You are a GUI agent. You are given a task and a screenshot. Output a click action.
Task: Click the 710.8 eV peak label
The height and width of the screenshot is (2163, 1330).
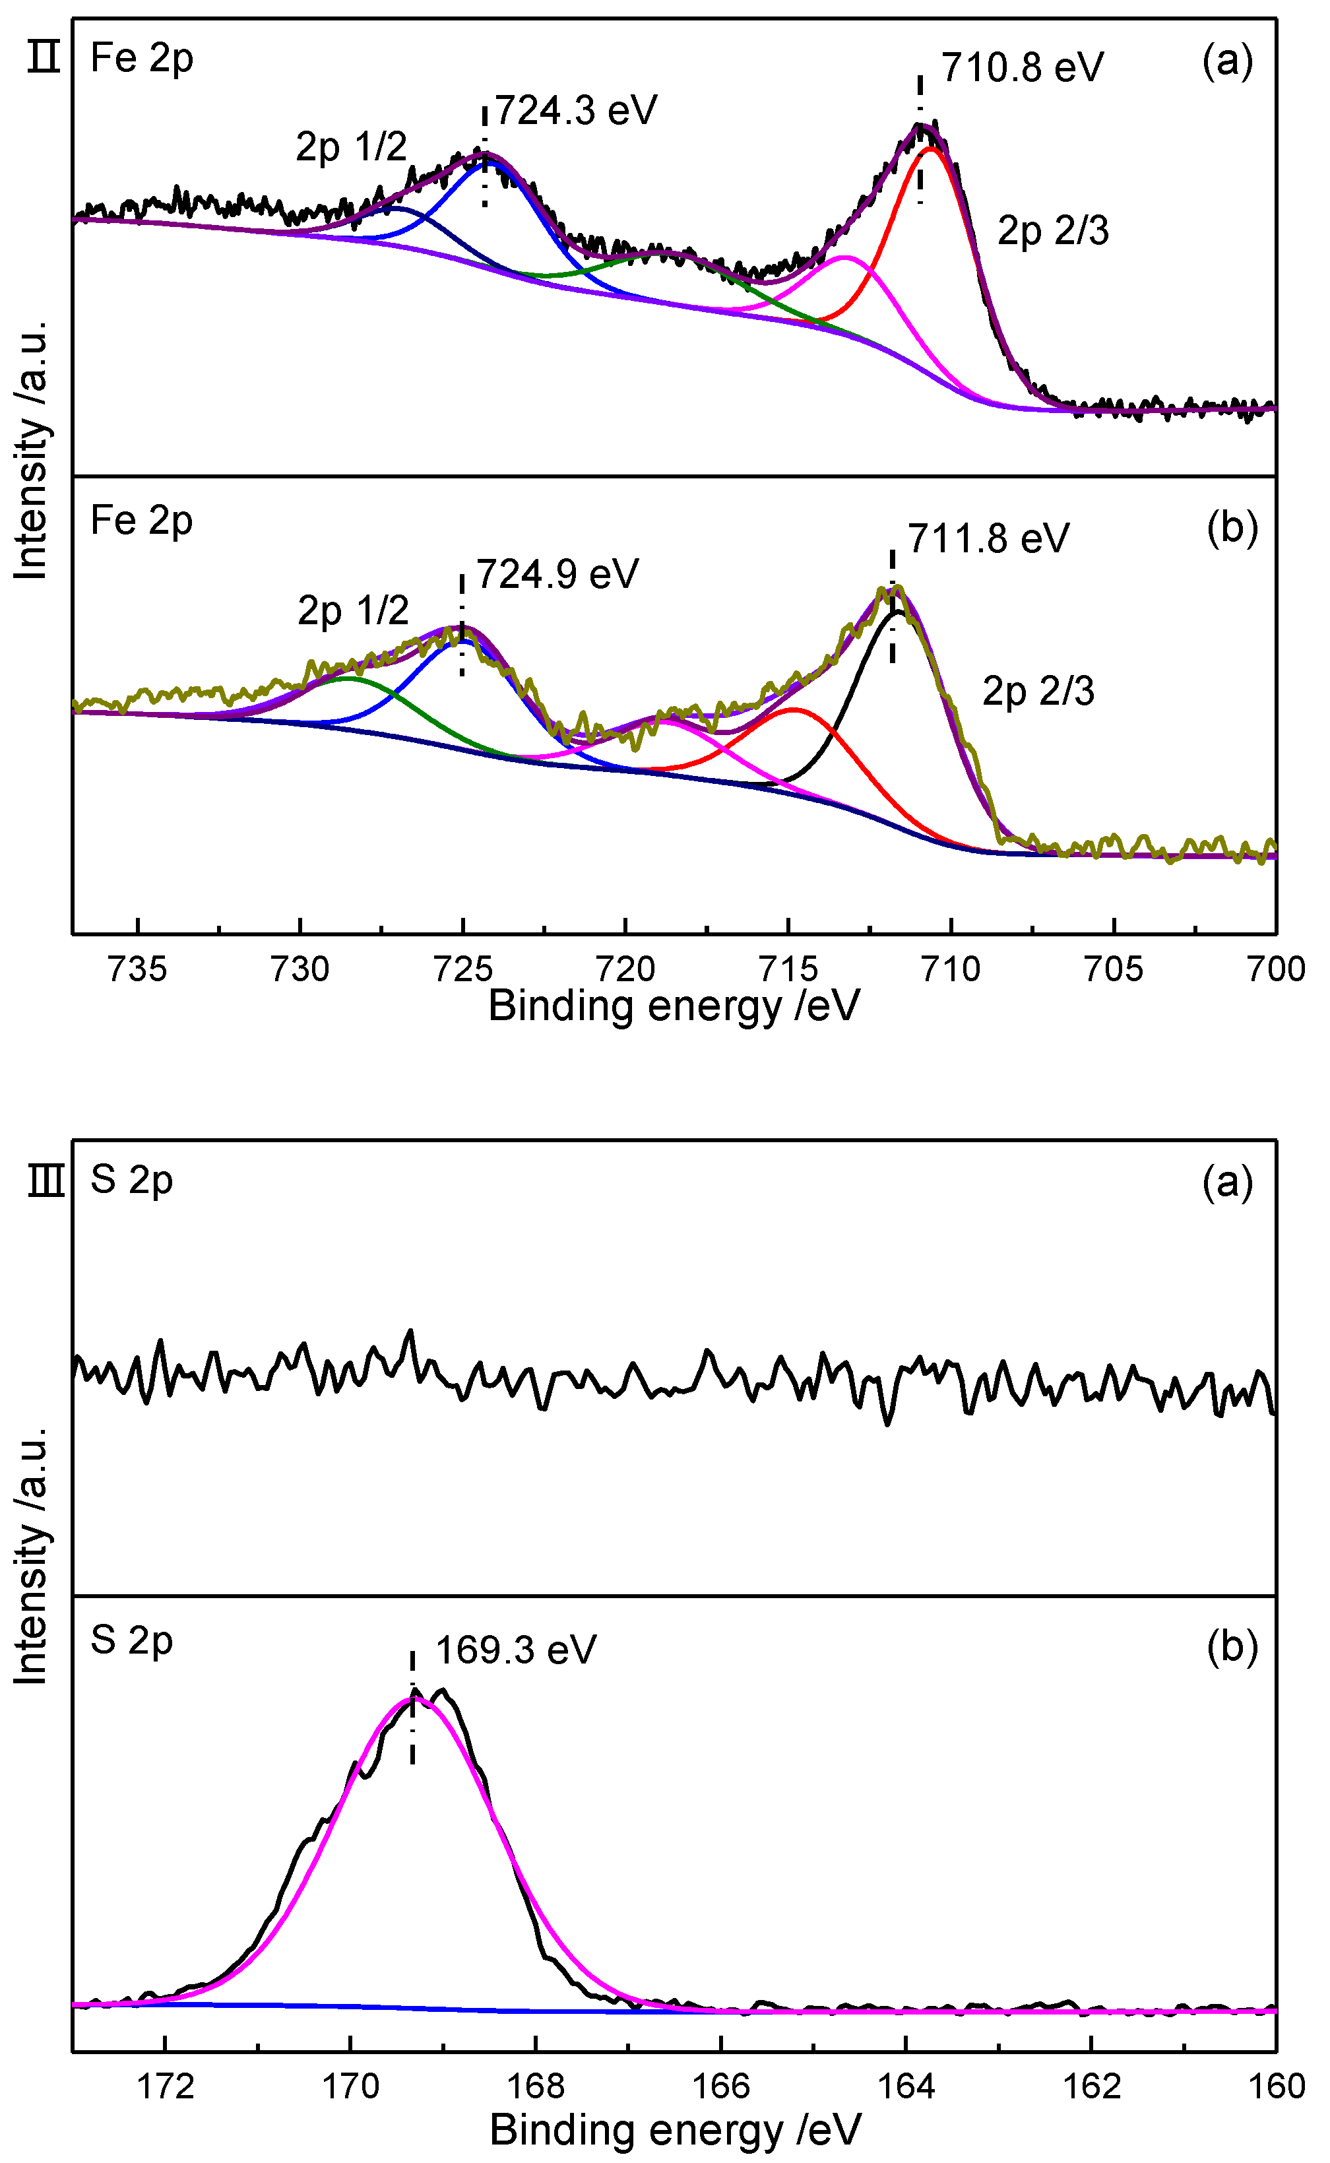pyautogui.click(x=1021, y=68)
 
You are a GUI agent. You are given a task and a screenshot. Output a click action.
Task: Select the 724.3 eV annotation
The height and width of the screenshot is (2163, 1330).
pyautogui.click(x=575, y=111)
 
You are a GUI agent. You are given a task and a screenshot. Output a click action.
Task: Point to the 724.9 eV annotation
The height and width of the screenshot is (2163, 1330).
pyautogui.click(x=557, y=574)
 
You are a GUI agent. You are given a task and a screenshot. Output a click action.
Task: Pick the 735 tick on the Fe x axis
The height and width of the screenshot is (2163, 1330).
pyautogui.click(x=137, y=969)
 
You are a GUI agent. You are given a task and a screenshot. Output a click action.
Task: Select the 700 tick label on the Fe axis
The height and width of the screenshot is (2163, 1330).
pyautogui.click(x=1275, y=969)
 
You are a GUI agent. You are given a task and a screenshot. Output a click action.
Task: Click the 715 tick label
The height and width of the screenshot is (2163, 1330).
pyautogui.click(x=789, y=969)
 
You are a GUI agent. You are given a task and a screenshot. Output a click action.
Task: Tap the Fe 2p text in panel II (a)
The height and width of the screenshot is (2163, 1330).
pyautogui.click(x=142, y=59)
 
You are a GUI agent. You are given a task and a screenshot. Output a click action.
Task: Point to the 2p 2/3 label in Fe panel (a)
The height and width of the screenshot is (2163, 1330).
pyautogui.click(x=1052, y=230)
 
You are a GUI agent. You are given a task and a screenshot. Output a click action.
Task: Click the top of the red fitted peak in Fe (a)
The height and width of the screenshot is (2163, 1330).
pyautogui.click(x=931, y=148)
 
